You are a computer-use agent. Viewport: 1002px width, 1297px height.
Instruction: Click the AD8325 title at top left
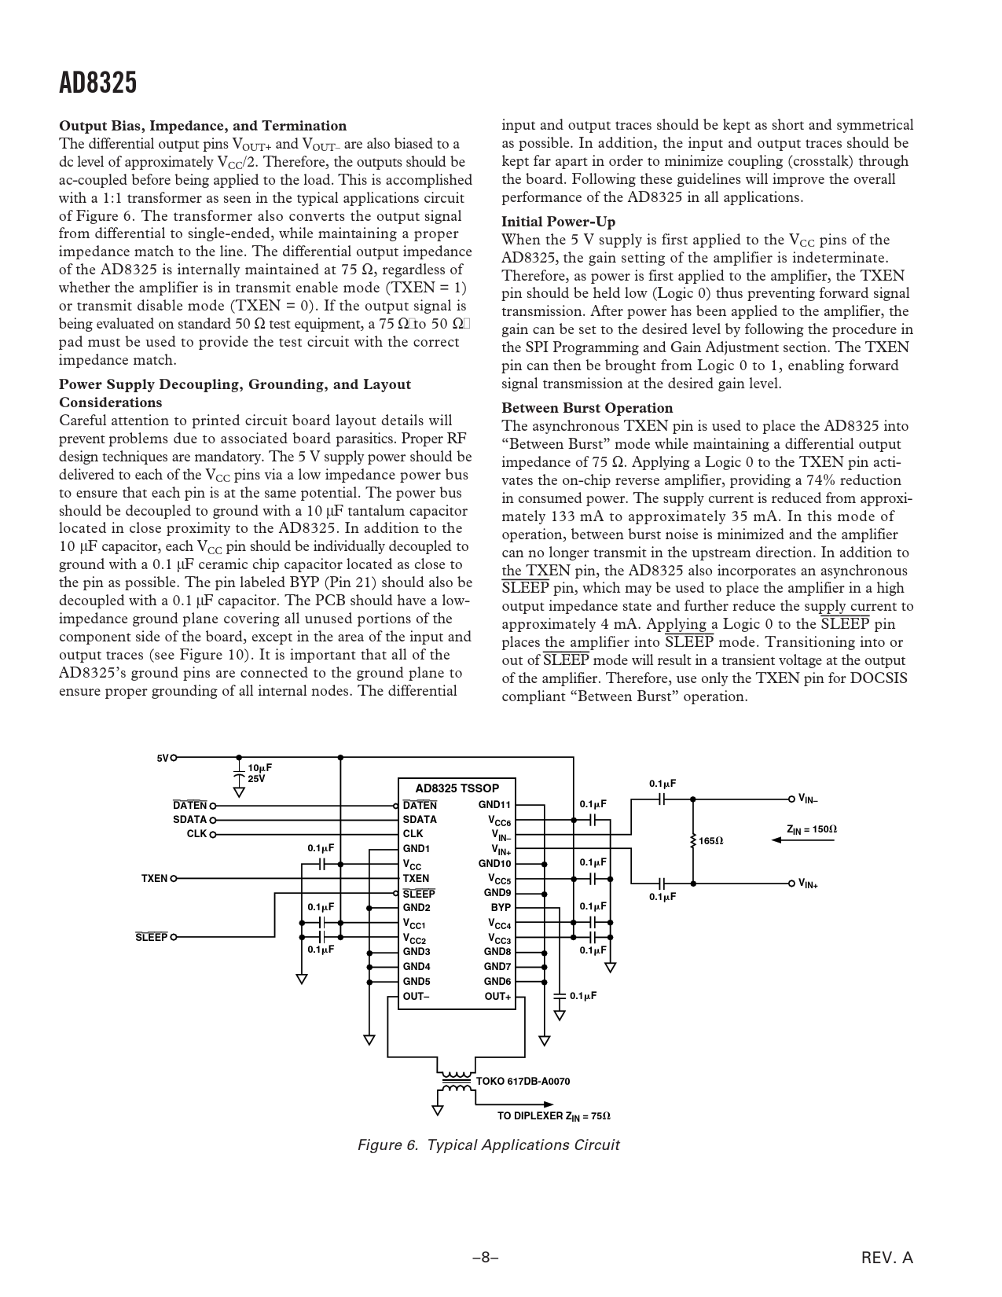98,83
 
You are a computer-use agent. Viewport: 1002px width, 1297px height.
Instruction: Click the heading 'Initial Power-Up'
558,222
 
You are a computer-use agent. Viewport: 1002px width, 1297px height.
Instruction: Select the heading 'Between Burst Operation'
587,408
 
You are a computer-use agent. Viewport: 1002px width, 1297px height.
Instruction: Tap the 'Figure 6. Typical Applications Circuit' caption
488,1145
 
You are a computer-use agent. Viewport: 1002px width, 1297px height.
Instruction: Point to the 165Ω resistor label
710,841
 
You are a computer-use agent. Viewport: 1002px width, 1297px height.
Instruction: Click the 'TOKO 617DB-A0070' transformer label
523,1081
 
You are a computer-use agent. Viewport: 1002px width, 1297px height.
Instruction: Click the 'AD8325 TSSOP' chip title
457,788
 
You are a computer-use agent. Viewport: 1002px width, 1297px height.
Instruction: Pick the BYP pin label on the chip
501,907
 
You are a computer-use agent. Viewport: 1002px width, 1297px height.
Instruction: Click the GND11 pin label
494,805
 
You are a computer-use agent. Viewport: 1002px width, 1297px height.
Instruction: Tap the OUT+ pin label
497,997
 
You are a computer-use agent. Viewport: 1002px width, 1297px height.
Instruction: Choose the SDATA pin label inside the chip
420,819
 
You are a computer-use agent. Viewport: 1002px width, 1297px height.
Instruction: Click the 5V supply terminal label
163,759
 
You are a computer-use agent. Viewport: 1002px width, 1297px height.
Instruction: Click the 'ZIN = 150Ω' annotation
812,829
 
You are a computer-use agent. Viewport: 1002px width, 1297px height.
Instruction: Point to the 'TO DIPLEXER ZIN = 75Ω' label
553,1116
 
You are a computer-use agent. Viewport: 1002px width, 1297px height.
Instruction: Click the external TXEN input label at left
154,878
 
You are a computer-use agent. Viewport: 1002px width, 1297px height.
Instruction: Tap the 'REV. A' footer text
887,1258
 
